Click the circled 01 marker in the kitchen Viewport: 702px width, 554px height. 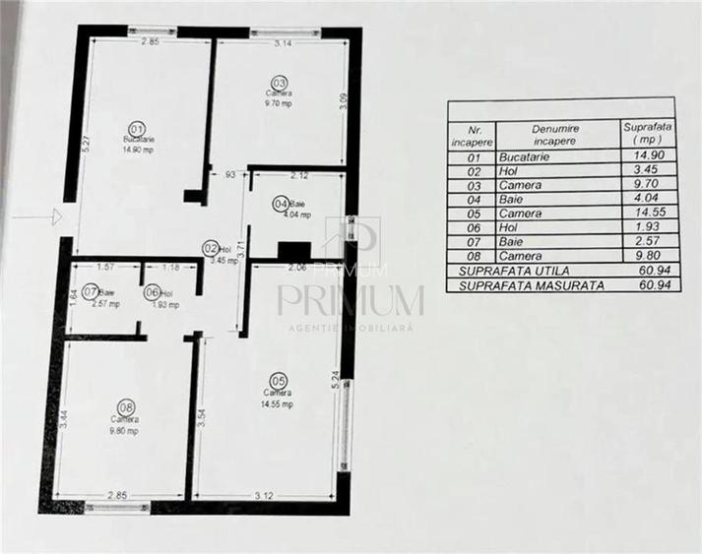point(137,128)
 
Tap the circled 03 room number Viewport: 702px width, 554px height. point(280,82)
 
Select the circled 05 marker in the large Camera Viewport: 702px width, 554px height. point(277,380)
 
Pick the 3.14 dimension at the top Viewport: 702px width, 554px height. point(286,44)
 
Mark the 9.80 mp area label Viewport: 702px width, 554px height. point(124,430)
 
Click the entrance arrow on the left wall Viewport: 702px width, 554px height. point(54,214)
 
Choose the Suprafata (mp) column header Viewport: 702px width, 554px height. point(646,133)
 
